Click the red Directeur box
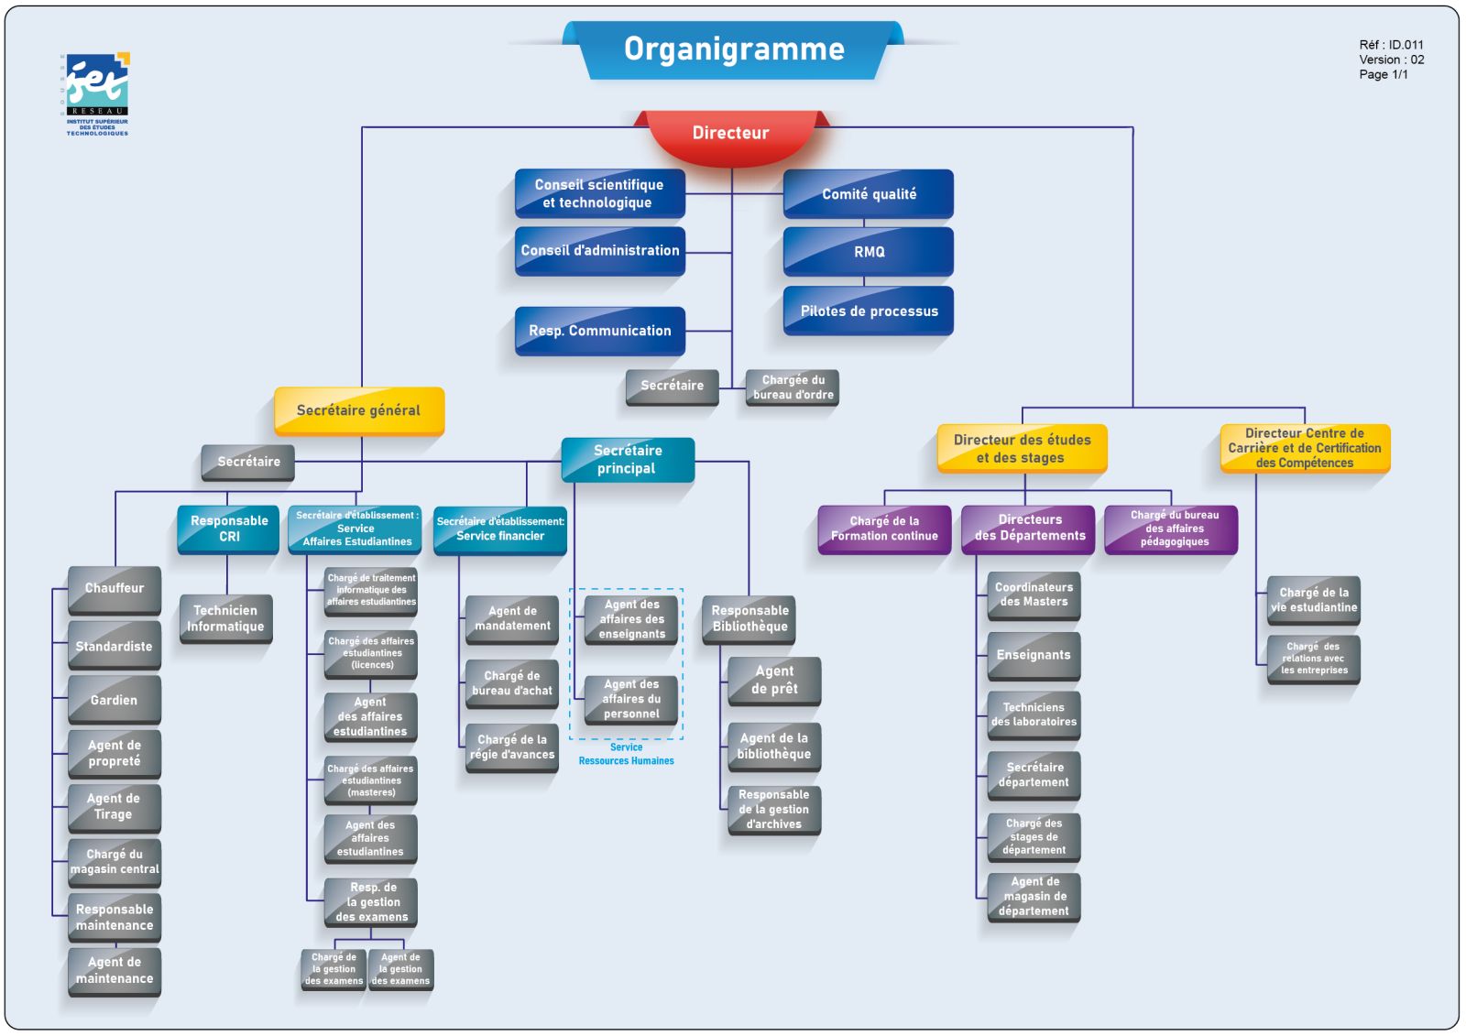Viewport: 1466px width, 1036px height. click(730, 134)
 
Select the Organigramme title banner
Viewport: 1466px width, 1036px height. click(734, 49)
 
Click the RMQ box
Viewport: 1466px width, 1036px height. click(869, 252)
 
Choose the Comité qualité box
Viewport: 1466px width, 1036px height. click(869, 194)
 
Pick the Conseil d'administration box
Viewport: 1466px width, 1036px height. click(600, 251)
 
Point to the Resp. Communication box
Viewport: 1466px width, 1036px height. click(600, 331)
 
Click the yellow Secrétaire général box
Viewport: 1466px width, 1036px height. click(359, 410)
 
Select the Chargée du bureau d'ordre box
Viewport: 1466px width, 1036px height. click(793, 387)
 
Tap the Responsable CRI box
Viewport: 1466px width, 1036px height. click(229, 529)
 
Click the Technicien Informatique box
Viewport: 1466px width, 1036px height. click(225, 618)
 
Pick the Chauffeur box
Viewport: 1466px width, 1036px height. click(115, 589)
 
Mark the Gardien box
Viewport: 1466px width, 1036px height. click(115, 701)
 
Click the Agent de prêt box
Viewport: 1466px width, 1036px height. click(774, 681)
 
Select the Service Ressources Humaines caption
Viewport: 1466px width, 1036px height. click(626, 754)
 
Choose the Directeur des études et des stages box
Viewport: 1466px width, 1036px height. click(1022, 449)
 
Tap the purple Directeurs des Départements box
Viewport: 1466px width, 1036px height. click(1029, 529)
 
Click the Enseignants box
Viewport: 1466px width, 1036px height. click(1034, 656)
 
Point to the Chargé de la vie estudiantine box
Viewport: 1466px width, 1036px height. click(1313, 600)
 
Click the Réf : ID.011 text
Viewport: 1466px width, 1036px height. click(1391, 45)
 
